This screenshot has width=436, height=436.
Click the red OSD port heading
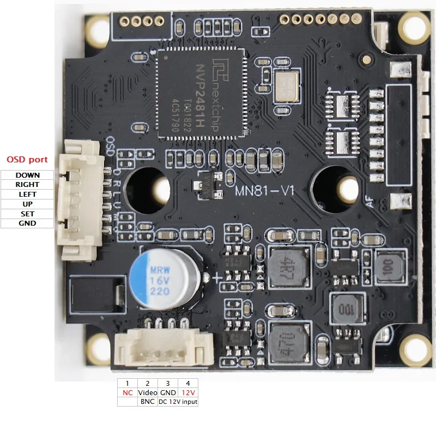pyautogui.click(x=27, y=160)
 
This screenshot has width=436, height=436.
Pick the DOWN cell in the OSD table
pyautogui.click(x=27, y=175)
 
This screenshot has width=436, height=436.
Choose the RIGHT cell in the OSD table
pyautogui.click(x=27, y=185)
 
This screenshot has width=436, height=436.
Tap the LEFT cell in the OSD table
pyautogui.click(x=27, y=194)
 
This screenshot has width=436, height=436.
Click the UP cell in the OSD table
pyautogui.click(x=27, y=204)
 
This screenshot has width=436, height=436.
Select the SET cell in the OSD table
pyautogui.click(x=27, y=214)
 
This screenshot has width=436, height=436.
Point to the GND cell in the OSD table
pyautogui.click(x=27, y=223)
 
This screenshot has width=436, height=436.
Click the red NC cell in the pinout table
pyautogui.click(x=127, y=392)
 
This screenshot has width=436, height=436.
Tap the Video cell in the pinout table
pyautogui.click(x=148, y=392)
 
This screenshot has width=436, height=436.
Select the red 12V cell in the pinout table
pyautogui.click(x=188, y=392)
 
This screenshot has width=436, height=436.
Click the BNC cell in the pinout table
pyautogui.click(x=148, y=402)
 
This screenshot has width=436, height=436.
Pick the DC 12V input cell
pyautogui.click(x=178, y=402)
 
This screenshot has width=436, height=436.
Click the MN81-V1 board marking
pyautogui.click(x=264, y=191)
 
